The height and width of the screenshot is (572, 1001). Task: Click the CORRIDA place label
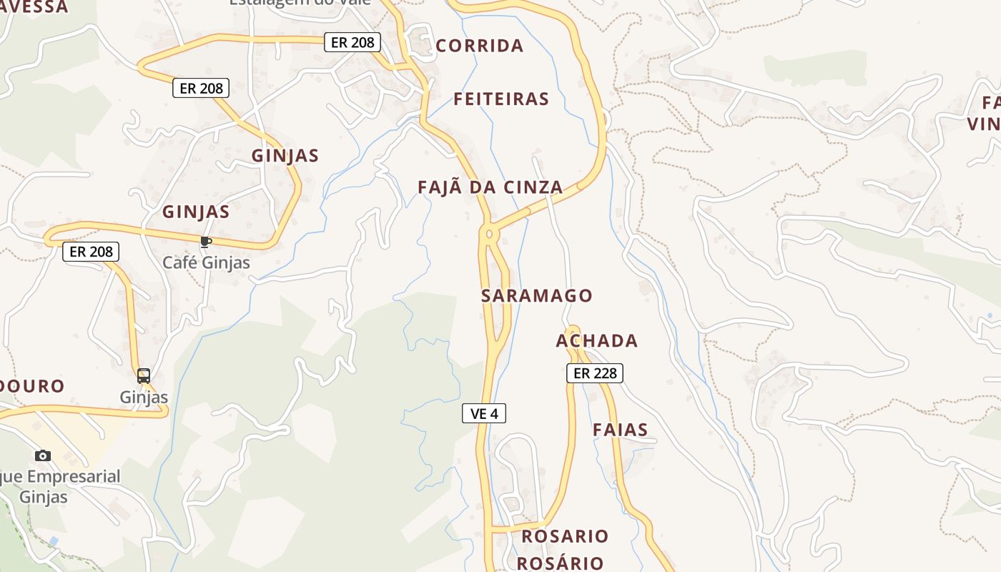(479, 46)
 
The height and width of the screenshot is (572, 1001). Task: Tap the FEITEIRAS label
(501, 99)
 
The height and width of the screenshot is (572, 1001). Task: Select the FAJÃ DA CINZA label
(490, 187)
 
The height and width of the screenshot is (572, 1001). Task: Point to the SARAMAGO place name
(537, 295)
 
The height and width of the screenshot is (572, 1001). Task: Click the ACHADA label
(596, 340)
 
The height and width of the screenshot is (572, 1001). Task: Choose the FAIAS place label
(621, 430)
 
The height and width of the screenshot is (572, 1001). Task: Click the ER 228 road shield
(595, 373)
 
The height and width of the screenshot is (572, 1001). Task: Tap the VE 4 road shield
(484, 413)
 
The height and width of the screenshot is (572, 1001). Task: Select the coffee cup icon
(206, 242)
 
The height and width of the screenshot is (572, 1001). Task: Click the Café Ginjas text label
(206, 262)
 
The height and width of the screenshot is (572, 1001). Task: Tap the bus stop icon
(144, 375)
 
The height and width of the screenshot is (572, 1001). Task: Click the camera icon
(43, 455)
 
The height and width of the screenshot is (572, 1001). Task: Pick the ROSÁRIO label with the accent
(560, 563)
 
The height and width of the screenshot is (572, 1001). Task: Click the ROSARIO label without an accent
(565, 536)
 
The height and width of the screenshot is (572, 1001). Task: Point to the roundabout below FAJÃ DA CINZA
(490, 233)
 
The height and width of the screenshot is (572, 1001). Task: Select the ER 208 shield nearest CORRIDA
(352, 42)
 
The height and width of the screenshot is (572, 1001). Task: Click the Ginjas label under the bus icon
(144, 397)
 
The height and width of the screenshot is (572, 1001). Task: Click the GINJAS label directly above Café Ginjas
(196, 212)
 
